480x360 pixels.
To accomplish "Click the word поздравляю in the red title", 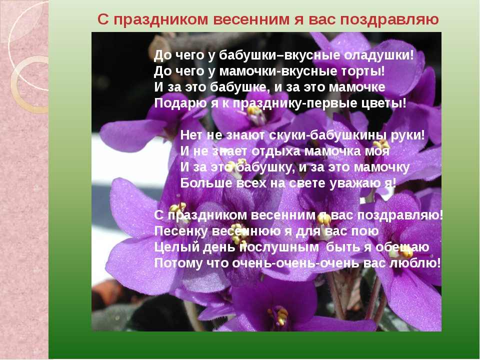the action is tap(389, 19).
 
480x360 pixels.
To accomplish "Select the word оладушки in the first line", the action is tap(378, 55).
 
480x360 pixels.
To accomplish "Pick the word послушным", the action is tap(278, 247).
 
